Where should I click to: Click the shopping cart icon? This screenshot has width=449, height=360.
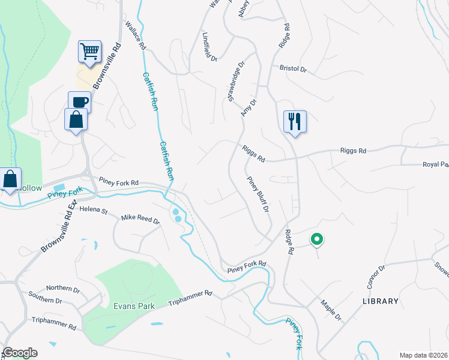pos(89,52)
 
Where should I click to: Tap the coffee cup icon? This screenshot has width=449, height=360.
pos(79,102)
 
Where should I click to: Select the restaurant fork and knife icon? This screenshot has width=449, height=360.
pos(295,121)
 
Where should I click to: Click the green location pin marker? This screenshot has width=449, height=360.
pos(316,239)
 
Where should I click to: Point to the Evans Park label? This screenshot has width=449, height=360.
pos(134,306)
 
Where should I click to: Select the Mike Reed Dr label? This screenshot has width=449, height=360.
pos(140,220)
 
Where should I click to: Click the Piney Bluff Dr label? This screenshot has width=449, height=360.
pos(258,196)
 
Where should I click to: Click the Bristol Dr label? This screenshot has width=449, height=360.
pos(293,69)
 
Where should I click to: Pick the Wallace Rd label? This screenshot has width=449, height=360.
pos(136,35)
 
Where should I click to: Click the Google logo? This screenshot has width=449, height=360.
pos(20,353)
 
